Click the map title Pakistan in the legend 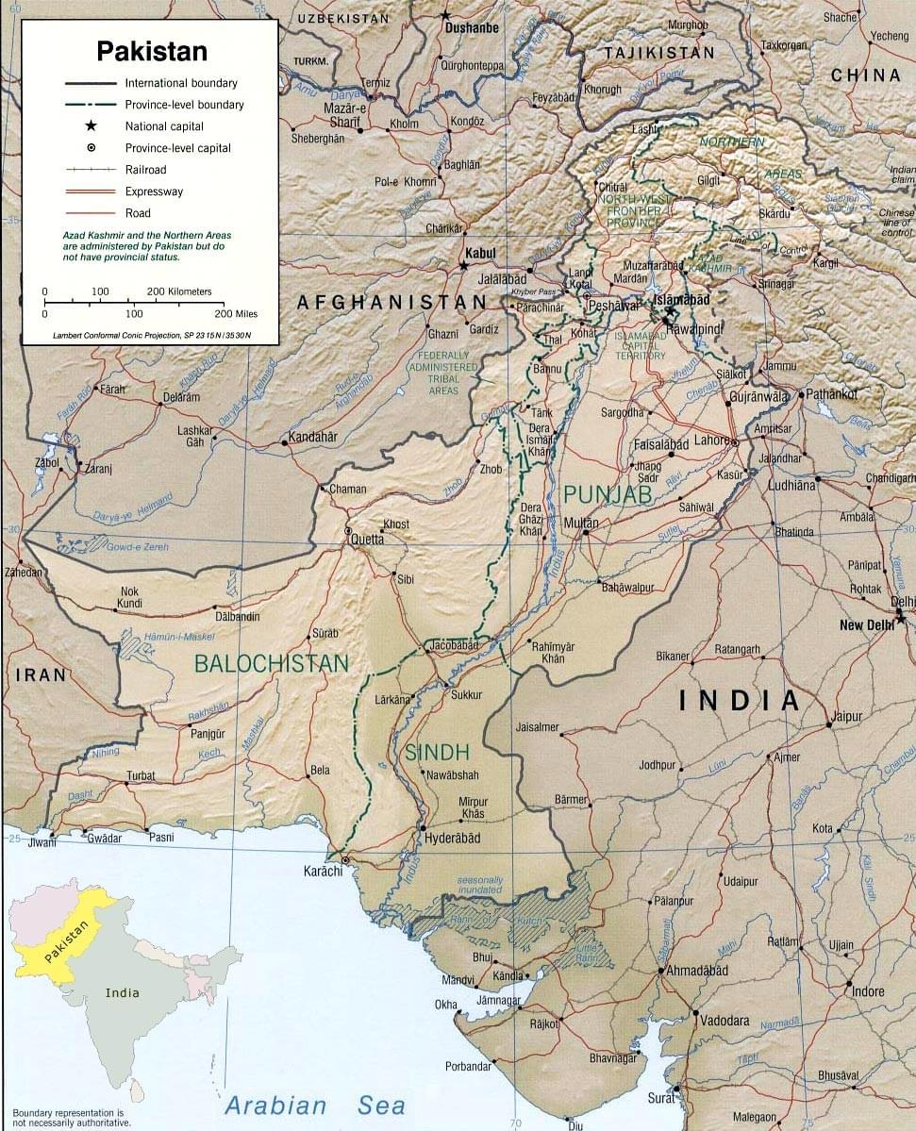(x=152, y=51)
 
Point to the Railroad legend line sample (x=92, y=170)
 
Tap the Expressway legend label (x=154, y=191)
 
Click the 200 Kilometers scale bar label (x=179, y=291)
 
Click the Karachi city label (x=322, y=872)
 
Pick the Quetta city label (x=367, y=540)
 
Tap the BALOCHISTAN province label (x=271, y=663)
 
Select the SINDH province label (x=436, y=752)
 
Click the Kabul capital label (x=481, y=254)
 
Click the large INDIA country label (x=740, y=700)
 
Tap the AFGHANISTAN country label (x=391, y=302)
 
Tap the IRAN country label (x=41, y=674)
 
